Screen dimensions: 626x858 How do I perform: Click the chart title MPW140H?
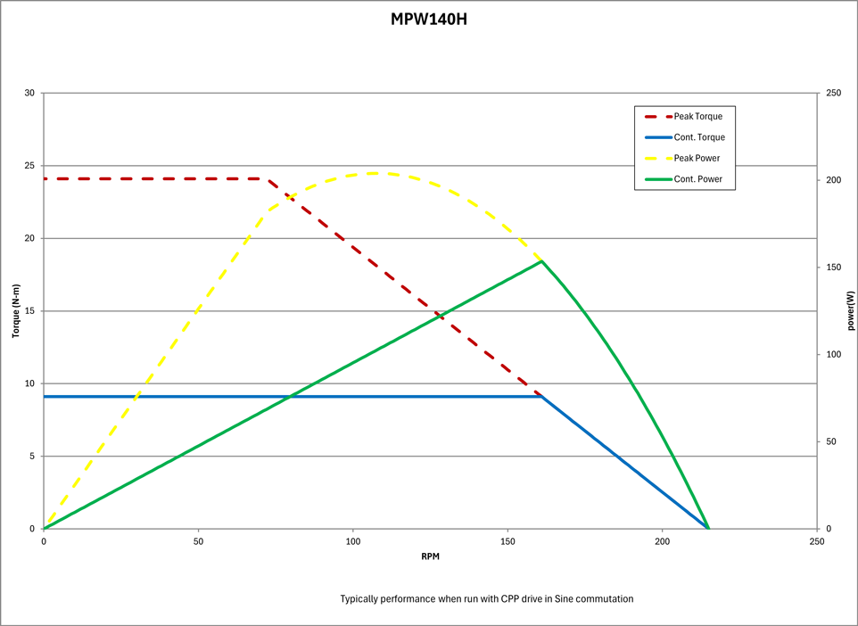click(x=428, y=19)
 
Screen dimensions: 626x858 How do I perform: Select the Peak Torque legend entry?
click(x=697, y=116)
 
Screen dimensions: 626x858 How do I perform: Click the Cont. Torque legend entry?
click(x=698, y=137)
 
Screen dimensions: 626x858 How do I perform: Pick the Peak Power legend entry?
click(x=697, y=158)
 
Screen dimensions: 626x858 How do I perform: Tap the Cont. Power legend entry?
click(x=697, y=179)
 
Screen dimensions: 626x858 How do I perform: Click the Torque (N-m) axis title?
click(x=15, y=310)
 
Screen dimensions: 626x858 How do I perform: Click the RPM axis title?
click(x=430, y=556)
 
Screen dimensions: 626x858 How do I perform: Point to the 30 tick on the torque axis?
click(x=29, y=94)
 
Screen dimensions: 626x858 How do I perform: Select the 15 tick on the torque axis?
click(x=29, y=311)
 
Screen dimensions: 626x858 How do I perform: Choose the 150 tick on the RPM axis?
click(x=507, y=541)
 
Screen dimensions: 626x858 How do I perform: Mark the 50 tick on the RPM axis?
click(x=198, y=541)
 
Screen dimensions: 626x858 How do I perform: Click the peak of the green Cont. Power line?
click(x=541, y=260)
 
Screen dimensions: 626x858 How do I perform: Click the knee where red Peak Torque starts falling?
click(x=268, y=178)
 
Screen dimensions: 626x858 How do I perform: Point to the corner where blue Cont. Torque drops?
click(x=541, y=396)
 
